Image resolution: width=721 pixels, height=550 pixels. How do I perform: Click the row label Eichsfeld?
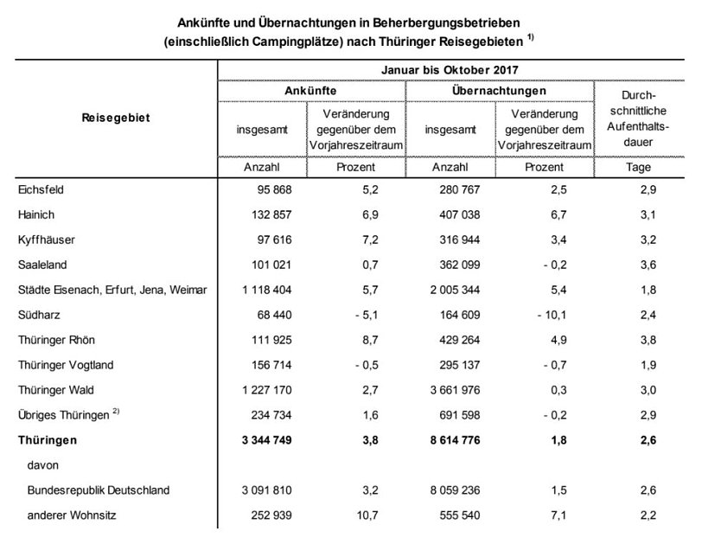(x=41, y=189)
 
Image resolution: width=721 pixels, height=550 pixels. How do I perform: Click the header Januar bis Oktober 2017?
(x=450, y=69)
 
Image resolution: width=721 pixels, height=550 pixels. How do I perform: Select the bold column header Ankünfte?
(x=310, y=90)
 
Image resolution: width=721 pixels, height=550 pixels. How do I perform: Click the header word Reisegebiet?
(x=116, y=118)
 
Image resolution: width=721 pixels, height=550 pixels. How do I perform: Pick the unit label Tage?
(x=639, y=167)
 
